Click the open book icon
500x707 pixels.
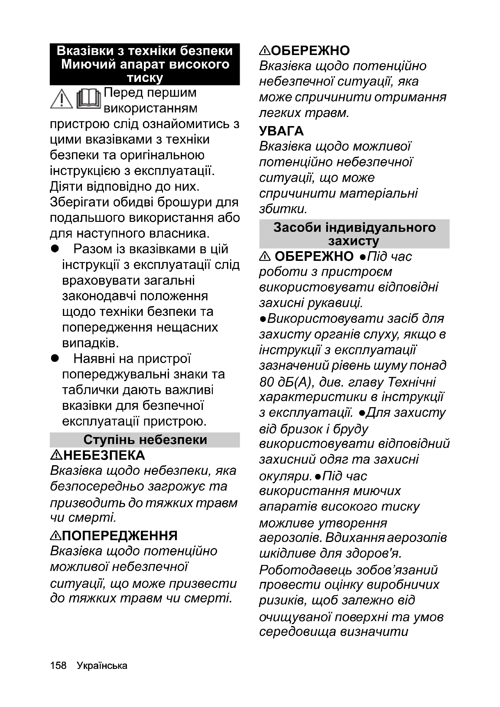click(89, 99)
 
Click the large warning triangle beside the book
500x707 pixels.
click(62, 99)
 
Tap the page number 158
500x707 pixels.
click(58, 665)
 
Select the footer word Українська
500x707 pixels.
click(102, 665)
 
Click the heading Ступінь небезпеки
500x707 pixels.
click(145, 440)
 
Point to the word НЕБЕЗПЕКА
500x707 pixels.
click(104, 456)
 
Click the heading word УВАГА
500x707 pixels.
click(281, 131)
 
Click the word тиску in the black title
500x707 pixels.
click(145, 78)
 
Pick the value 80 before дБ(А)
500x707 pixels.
click(267, 382)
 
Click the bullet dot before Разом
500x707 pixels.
click(55, 249)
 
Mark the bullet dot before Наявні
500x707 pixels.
click(55, 358)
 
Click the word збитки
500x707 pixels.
click(283, 209)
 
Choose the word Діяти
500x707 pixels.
click(65, 186)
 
